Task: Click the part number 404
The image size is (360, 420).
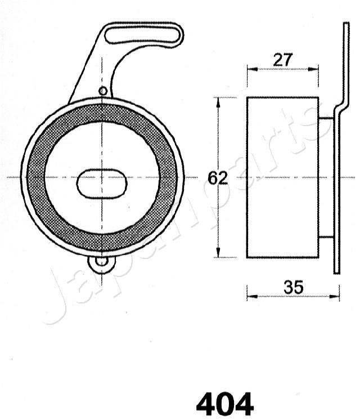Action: pos(225,404)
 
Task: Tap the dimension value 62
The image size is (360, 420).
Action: pos(218,178)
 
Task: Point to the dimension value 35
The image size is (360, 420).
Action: pos(294,287)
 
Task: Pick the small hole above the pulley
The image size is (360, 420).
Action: pos(102,91)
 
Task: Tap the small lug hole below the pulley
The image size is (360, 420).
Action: pos(101,261)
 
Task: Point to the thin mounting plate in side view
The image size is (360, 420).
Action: pos(337,186)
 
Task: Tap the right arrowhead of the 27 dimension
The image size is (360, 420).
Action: pos(316,69)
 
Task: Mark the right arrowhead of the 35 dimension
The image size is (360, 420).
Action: pos(337,295)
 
